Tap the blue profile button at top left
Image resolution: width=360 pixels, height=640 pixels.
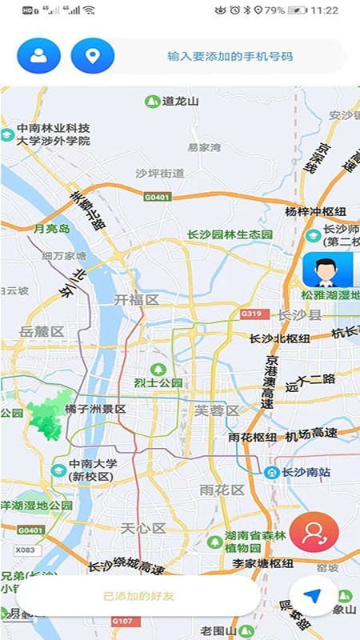[38, 56]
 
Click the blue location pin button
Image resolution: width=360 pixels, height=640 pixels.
[93, 56]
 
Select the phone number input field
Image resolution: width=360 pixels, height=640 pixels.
[230, 57]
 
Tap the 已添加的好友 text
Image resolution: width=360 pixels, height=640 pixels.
[138, 596]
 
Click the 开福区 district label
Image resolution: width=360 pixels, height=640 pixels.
[136, 300]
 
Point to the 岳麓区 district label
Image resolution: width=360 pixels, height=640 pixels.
[42, 331]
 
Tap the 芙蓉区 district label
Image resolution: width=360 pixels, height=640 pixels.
[217, 410]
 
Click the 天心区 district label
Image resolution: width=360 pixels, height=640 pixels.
[142, 528]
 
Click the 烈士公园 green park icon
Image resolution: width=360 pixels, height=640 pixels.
[158, 369]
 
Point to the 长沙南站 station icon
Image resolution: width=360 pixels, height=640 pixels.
[272, 472]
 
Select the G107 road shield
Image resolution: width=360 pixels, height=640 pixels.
[122, 620]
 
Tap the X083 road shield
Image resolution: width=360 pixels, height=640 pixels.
[26, 551]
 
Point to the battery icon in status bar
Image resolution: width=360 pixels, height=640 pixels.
[298, 10]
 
